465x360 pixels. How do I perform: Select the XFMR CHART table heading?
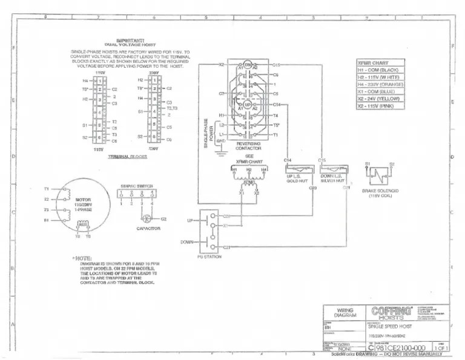[x=372, y=63]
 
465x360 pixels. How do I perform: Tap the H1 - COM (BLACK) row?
[x=385, y=70]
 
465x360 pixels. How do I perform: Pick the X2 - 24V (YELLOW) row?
[x=386, y=99]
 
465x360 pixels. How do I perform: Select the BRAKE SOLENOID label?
[x=378, y=192]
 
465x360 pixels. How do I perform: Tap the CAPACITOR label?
[x=148, y=228]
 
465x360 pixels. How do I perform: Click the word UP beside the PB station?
[x=190, y=221]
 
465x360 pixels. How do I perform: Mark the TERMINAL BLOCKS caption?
[x=127, y=156]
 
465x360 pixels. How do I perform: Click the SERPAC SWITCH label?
[x=136, y=186]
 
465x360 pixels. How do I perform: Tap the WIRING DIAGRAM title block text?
[x=345, y=313]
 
